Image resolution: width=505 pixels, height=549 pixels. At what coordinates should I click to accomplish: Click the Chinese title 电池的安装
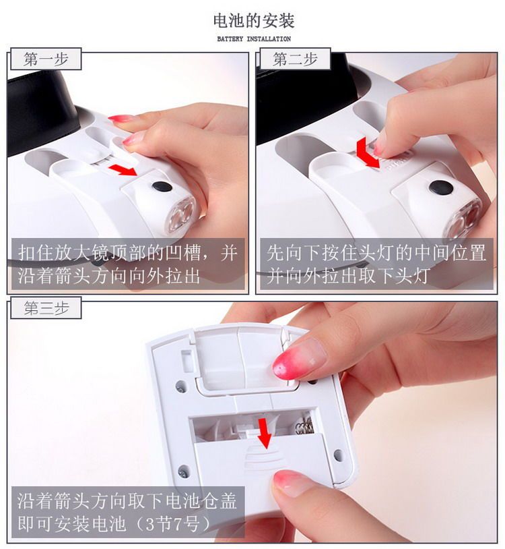[x=254, y=21]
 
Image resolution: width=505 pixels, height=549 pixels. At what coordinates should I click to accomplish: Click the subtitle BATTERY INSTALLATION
[x=254, y=39]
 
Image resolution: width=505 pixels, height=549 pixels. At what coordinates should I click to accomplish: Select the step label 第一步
[x=46, y=59]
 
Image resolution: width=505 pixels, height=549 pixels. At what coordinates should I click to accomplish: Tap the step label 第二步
[x=295, y=59]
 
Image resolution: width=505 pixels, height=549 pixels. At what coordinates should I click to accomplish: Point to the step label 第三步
[x=46, y=308]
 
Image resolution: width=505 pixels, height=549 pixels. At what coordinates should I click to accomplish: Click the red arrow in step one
[x=123, y=170]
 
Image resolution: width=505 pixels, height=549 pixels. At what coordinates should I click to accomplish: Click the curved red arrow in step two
[x=366, y=153]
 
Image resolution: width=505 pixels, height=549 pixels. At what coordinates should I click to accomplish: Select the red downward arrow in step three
[x=265, y=432]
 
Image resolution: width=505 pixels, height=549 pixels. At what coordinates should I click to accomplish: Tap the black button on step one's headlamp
[x=162, y=186]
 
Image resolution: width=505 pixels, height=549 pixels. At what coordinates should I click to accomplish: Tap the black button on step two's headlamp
[x=440, y=187]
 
